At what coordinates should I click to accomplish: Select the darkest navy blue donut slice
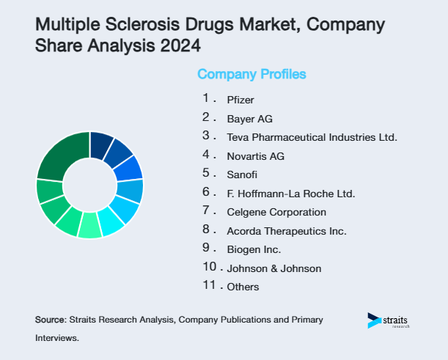[100, 144]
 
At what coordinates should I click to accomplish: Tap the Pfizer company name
[240, 99]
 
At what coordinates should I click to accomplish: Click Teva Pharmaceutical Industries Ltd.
[312, 137]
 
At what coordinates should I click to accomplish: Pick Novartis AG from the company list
[255, 156]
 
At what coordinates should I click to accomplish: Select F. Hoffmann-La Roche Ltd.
[290, 194]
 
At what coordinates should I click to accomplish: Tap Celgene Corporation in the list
[276, 212]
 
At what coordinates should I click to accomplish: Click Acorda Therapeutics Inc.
[286, 231]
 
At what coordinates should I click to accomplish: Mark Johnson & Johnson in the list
[274, 268]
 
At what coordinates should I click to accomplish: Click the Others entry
[243, 287]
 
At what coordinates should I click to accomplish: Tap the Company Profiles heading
[251, 74]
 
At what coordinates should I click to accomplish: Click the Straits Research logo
[389, 321]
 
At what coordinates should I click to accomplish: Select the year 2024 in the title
[180, 45]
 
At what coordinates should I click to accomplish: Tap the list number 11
[210, 285]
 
